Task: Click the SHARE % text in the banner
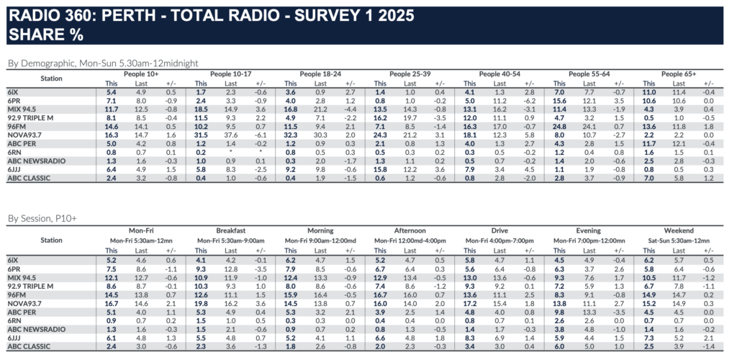pyautogui.click(x=43, y=35)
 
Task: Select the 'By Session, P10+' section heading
pyautogui.click(x=42, y=217)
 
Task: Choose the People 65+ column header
pyautogui.click(x=678, y=74)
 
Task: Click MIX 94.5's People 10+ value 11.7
pyautogui.click(x=112, y=109)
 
